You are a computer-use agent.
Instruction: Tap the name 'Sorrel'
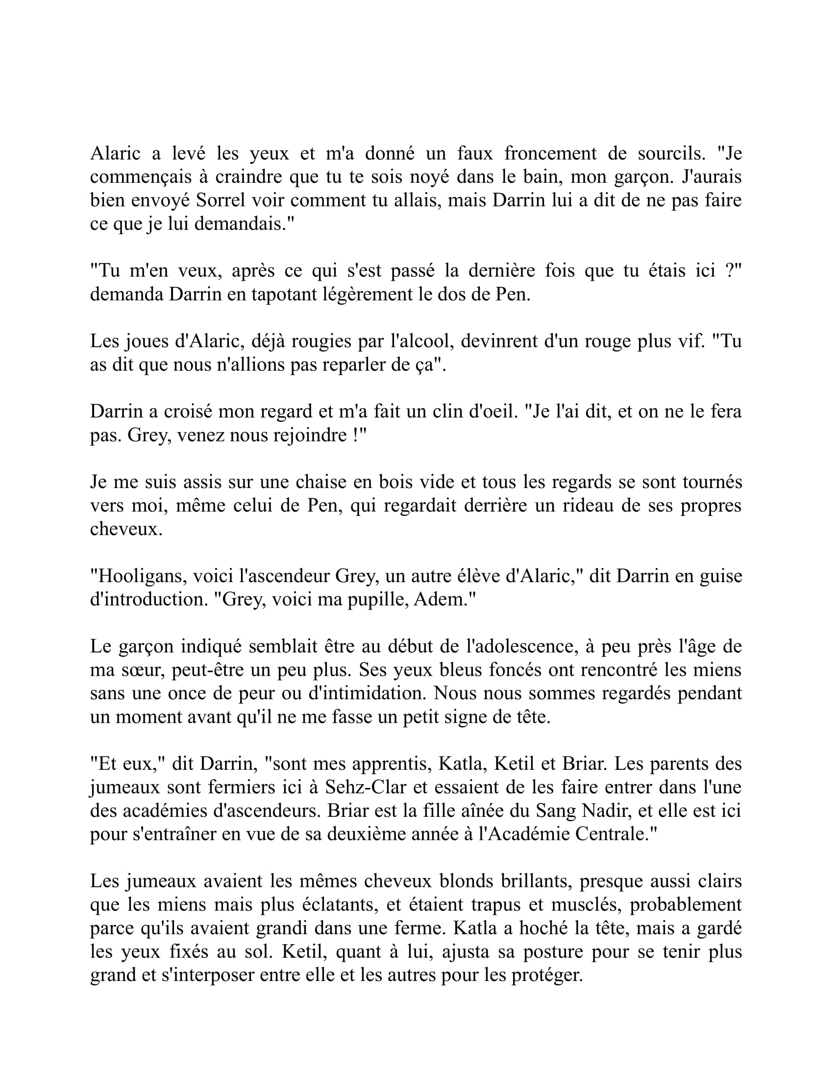pyautogui.click(x=220, y=201)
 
